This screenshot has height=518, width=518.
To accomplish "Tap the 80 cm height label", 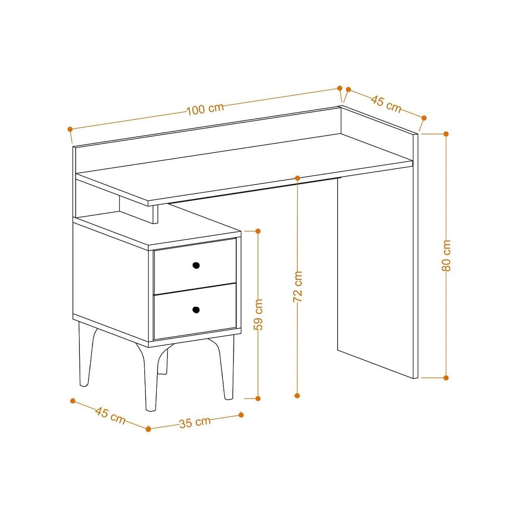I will (x=446, y=256).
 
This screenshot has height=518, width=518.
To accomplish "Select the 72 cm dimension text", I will (x=297, y=286).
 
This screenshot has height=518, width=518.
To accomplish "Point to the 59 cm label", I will (x=258, y=314).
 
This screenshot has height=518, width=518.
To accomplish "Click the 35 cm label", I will (x=195, y=422).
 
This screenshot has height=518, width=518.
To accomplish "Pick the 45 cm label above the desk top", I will (x=386, y=104).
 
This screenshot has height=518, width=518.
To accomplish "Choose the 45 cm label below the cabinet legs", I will (x=110, y=415).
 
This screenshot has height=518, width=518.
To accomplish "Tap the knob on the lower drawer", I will (x=196, y=309).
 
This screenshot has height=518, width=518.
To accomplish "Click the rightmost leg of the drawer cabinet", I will (x=227, y=367).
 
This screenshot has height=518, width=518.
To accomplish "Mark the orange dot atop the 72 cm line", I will (x=297, y=177).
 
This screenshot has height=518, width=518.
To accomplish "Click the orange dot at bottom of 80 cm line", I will (x=446, y=377).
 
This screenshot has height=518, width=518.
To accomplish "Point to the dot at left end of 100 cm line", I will (x=70, y=129).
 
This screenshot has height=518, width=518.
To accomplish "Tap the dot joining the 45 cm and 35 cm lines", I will (x=148, y=429).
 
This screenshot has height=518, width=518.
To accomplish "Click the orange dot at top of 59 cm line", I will (x=258, y=231).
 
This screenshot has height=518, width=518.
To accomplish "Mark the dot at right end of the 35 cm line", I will (x=241, y=415).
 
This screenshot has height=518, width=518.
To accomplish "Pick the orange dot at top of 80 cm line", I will (x=446, y=134).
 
